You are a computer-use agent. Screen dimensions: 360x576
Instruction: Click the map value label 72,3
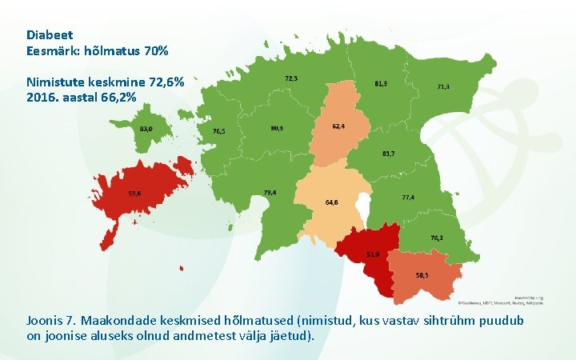point(292,78)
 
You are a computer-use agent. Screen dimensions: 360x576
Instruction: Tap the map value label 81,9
point(382,83)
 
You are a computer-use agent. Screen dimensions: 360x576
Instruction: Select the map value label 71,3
point(442,86)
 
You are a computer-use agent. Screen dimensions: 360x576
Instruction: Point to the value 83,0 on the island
point(146,129)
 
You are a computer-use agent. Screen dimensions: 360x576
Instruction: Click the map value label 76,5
point(218,131)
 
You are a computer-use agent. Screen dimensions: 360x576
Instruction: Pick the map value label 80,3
point(277,128)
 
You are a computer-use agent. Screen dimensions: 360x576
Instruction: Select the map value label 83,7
point(389,153)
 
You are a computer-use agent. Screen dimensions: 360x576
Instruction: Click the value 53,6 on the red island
point(134,193)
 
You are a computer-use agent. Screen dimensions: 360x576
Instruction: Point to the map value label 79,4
point(270,193)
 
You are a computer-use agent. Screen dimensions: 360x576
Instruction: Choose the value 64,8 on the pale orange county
point(331,202)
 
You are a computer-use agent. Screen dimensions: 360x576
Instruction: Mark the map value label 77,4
point(408,197)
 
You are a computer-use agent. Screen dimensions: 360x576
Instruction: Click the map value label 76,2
point(437,238)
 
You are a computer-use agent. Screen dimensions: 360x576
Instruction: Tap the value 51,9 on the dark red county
point(373,254)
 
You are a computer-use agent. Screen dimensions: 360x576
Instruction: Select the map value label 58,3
point(422,274)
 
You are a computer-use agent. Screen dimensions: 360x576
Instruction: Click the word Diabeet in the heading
point(50,35)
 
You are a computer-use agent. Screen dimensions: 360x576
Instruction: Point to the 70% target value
point(156,51)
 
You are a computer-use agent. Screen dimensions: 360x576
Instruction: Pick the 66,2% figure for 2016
point(118,97)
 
